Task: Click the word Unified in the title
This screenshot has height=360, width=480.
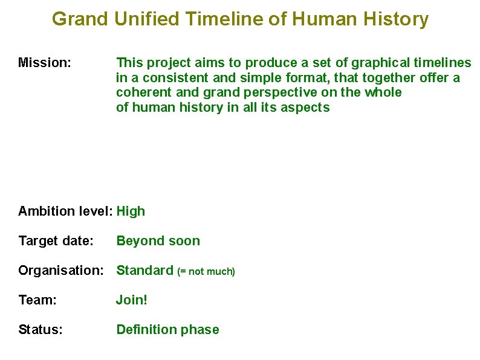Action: [147, 19]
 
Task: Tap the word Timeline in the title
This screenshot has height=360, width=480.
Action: [225, 19]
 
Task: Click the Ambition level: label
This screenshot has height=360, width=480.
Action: [65, 211]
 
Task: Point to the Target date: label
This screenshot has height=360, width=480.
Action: [56, 241]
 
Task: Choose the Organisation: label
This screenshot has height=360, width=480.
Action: [65, 271]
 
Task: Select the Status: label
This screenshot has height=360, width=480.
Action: [40, 330]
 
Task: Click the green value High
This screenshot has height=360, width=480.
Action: [131, 211]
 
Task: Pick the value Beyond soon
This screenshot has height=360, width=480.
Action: [158, 241]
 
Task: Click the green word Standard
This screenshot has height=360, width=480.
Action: [144, 271]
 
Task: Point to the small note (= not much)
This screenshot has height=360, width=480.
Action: [206, 272]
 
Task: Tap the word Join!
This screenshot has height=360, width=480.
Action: [132, 300]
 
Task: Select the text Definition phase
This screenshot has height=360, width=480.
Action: [167, 330]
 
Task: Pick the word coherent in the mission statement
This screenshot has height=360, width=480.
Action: [141, 92]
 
